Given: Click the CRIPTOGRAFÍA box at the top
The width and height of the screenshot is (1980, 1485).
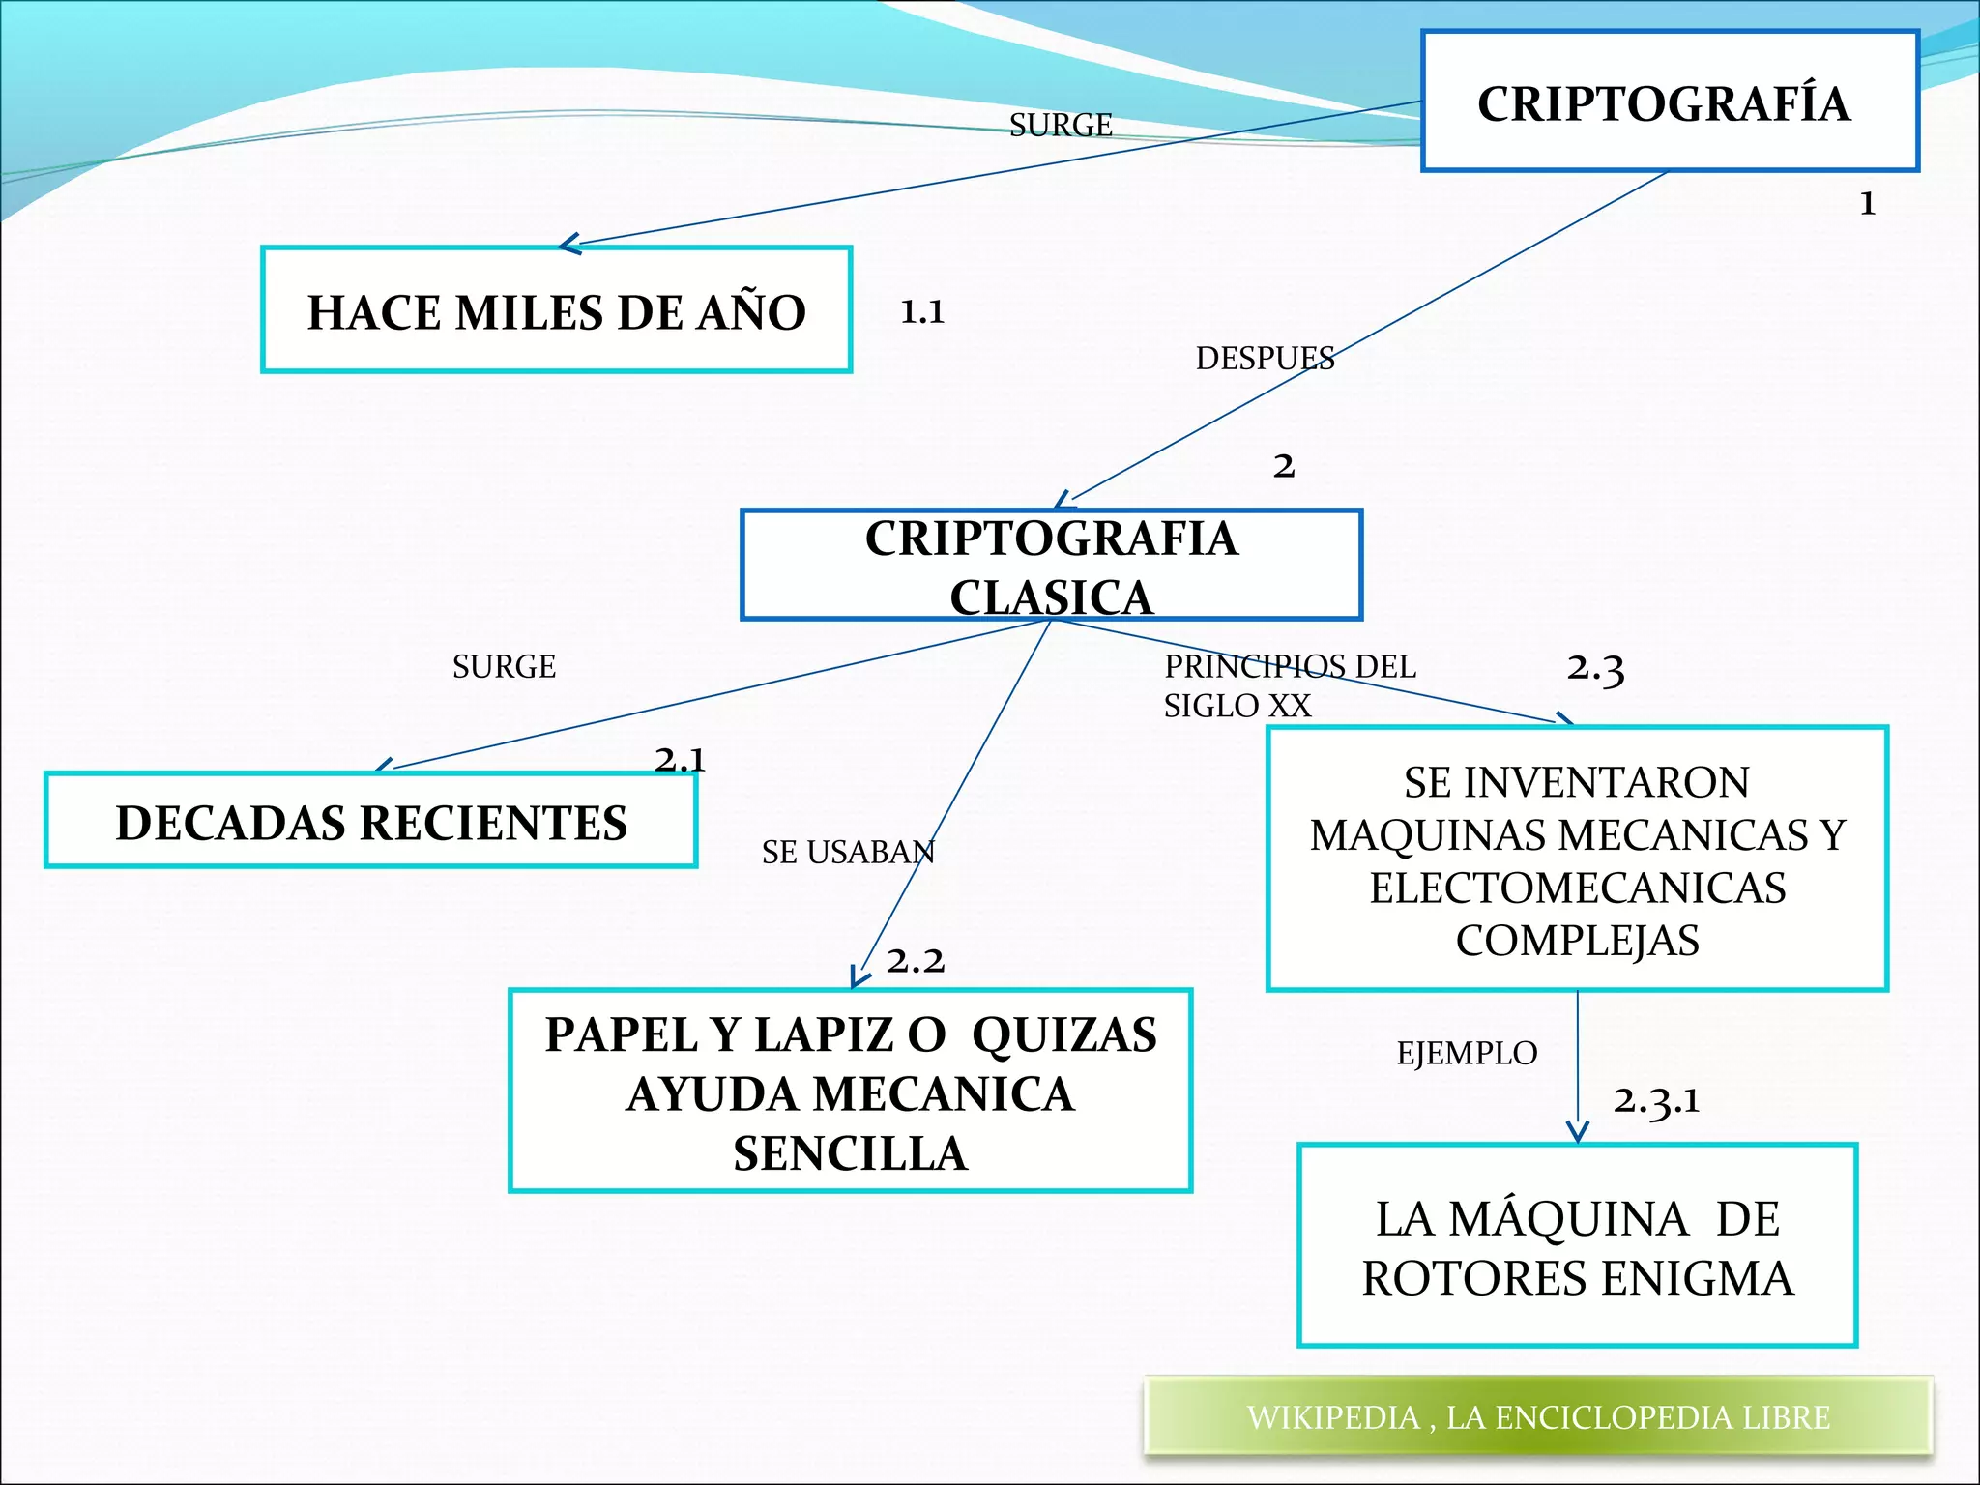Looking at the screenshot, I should click(x=1669, y=102).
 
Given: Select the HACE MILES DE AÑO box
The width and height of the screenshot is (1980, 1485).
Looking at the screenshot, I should click(x=556, y=310).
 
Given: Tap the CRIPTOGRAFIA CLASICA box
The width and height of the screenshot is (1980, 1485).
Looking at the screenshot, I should click(x=1051, y=566).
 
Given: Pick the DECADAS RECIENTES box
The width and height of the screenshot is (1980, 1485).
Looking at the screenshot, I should click(x=370, y=821).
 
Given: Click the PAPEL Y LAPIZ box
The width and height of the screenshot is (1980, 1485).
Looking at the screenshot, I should click(x=850, y=1092).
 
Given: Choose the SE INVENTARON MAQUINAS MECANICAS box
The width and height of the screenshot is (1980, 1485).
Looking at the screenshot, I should click(x=1577, y=859).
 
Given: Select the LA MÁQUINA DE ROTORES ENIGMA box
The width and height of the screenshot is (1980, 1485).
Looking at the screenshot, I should click(x=1577, y=1246).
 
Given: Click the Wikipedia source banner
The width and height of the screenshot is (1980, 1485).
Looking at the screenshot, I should click(x=1537, y=1416).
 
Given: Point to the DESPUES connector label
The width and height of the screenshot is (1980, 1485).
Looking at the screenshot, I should click(x=1265, y=359).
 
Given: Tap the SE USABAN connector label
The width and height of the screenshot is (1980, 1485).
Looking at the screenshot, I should click(x=848, y=852).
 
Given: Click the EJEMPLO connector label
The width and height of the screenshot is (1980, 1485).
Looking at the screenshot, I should click(x=1467, y=1053).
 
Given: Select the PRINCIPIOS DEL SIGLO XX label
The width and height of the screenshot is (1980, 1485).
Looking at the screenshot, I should click(x=1289, y=685).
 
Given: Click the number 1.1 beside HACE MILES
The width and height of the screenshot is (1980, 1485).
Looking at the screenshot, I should click(x=922, y=311).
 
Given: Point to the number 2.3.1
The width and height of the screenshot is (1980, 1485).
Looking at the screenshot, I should click(x=1656, y=1100).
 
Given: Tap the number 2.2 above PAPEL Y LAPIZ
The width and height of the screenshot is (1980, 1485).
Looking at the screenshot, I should click(x=915, y=960).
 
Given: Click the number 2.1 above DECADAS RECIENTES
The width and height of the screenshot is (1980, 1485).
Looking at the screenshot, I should click(x=680, y=759).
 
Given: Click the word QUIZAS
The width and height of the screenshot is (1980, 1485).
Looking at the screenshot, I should click(x=1063, y=1034).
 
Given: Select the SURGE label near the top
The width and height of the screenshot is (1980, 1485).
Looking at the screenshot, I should click(x=1061, y=125).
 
